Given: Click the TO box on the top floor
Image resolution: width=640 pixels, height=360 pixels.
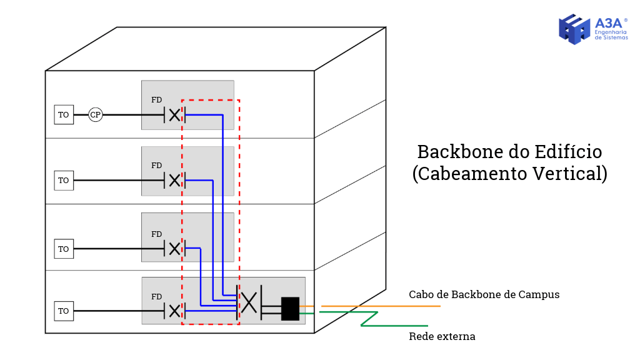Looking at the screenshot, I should [64, 115].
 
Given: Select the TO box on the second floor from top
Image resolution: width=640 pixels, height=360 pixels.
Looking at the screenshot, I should [64, 181].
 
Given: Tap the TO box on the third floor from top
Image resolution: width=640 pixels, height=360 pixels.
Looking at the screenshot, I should [64, 249].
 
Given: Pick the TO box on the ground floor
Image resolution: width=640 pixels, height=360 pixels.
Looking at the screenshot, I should [64, 311].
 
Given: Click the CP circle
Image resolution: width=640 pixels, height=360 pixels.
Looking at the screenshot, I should [95, 115].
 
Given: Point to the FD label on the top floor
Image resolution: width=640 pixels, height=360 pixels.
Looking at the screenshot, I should [156, 100].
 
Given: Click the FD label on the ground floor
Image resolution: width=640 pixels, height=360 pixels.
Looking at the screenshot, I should [156, 297].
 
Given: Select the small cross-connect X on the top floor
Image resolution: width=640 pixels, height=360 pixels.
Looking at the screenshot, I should [174, 115].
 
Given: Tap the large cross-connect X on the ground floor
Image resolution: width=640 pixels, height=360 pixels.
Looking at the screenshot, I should [249, 303].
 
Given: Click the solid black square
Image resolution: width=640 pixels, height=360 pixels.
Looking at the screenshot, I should [290, 309].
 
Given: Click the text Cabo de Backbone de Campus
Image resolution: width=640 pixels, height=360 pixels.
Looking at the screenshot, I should [484, 294].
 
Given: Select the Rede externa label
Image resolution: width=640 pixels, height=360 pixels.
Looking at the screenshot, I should [442, 337].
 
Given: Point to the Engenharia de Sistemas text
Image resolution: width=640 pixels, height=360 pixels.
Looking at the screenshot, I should [611, 34].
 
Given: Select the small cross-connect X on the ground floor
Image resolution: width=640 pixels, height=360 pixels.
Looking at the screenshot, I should [174, 311].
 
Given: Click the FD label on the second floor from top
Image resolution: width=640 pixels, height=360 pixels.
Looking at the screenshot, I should [156, 166].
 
